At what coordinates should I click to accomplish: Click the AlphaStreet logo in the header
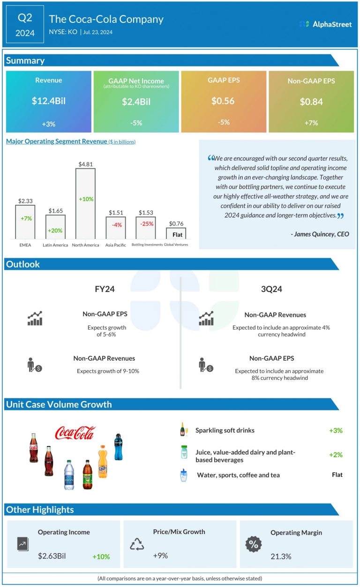(325, 24)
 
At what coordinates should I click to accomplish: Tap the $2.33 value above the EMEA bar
(25, 201)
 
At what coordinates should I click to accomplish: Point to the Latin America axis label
(55, 245)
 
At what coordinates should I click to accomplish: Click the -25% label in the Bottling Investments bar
(146, 224)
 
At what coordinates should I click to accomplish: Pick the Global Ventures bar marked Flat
(176, 233)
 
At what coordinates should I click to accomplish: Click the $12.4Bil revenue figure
(49, 101)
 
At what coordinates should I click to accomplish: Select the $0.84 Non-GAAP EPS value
(311, 101)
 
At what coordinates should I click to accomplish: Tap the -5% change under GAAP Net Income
(136, 123)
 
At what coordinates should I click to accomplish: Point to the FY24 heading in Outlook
(105, 289)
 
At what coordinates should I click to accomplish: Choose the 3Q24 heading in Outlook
(271, 289)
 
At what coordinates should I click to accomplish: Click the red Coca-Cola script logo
(75, 433)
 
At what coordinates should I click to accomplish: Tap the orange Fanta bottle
(103, 461)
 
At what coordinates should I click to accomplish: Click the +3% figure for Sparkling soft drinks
(336, 430)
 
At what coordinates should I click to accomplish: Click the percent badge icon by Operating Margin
(253, 544)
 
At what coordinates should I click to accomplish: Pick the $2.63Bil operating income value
(52, 557)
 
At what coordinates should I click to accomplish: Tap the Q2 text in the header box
(25, 18)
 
